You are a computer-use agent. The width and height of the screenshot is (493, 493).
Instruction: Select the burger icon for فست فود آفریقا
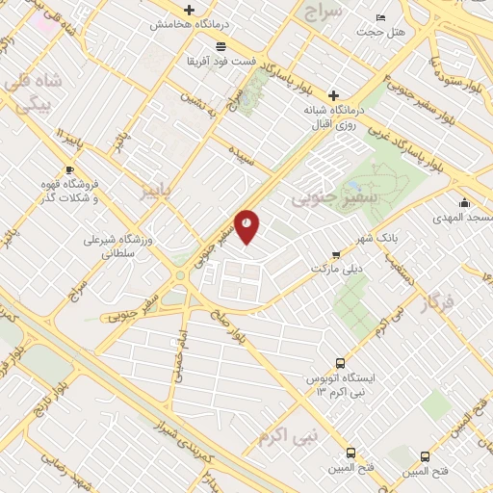[221, 45]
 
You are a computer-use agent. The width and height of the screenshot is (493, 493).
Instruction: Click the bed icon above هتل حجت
[381, 18]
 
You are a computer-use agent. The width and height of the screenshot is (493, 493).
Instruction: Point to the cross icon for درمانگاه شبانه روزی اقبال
[333, 95]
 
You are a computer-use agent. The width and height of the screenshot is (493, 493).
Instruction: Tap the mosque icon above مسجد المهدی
[464, 202]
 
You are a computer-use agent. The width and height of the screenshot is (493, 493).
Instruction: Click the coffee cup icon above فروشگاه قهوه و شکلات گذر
[95, 170]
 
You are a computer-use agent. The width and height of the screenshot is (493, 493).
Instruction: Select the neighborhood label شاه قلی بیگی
[39, 91]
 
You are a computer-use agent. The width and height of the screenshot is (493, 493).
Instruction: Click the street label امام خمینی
[179, 356]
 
